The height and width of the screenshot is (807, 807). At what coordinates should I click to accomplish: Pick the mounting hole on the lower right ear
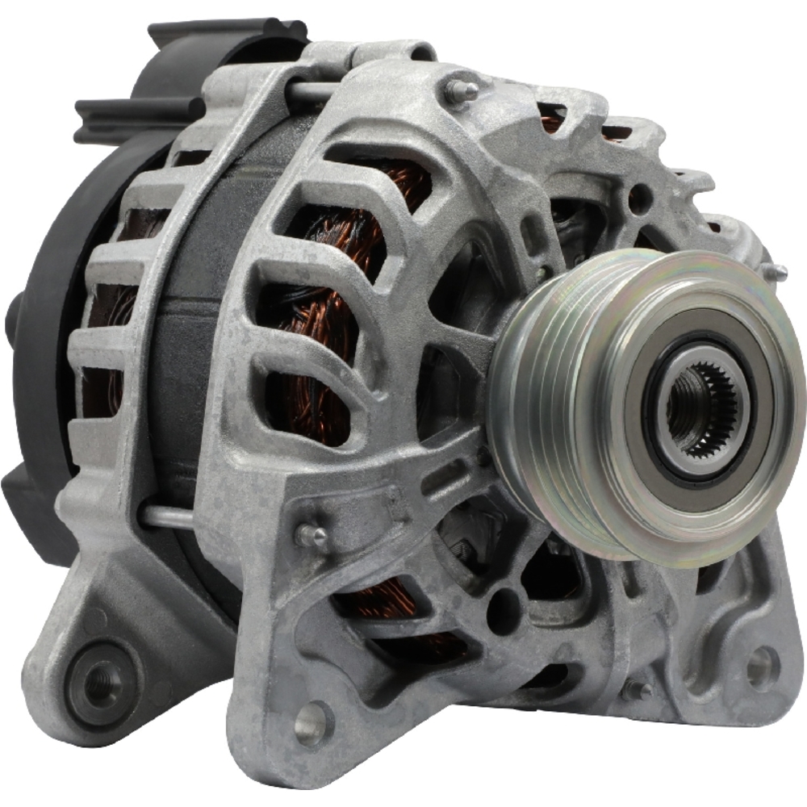click(x=759, y=666)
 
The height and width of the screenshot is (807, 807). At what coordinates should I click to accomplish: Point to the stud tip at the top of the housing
click(x=465, y=89)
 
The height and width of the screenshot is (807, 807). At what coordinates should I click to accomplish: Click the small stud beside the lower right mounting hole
click(x=638, y=690)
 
